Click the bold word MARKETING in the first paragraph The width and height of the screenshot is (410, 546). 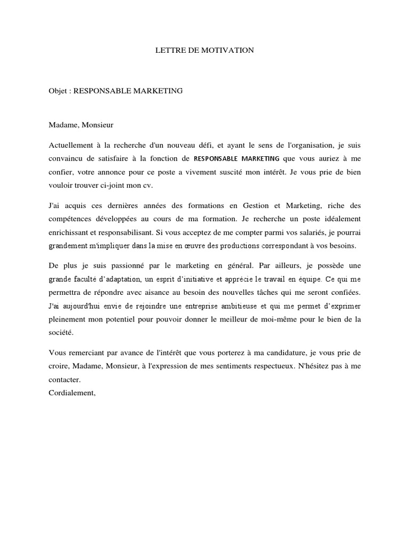point(261,158)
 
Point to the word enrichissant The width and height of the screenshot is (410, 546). point(69,233)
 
